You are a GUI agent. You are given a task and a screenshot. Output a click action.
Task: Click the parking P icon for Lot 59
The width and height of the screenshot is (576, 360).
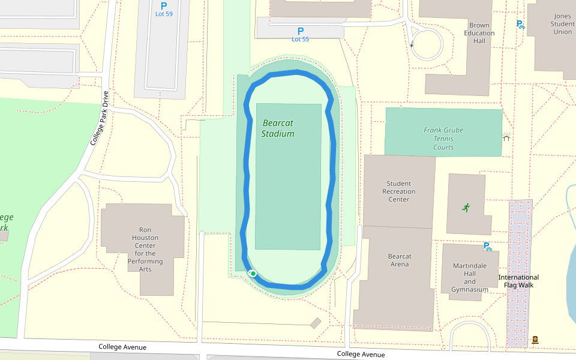[164, 5]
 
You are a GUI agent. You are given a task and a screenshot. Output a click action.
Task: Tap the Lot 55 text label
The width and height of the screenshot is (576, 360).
[300, 39]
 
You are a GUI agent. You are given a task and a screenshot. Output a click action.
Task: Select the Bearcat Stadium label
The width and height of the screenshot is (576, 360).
[278, 128]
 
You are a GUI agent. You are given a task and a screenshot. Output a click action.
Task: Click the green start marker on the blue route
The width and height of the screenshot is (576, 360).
[253, 274]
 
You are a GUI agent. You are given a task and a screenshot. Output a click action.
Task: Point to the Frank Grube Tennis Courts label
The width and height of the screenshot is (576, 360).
[443, 139]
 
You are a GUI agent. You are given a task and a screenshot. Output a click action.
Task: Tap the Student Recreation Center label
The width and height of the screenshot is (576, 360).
[399, 191]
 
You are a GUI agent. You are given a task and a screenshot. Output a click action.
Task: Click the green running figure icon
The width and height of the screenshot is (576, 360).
[466, 208]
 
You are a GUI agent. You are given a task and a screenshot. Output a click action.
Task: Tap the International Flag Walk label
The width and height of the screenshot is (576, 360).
[518, 281]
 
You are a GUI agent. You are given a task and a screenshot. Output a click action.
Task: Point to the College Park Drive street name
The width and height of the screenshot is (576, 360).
[99, 118]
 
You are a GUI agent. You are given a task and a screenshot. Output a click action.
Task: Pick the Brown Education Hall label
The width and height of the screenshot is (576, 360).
[479, 33]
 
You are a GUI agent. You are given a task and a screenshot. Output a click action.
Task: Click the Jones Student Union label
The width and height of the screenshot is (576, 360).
[562, 23]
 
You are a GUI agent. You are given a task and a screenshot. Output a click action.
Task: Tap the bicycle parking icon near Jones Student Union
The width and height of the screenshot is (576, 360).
[520, 25]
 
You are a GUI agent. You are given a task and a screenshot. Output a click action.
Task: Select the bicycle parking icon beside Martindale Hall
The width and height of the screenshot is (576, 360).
[487, 246]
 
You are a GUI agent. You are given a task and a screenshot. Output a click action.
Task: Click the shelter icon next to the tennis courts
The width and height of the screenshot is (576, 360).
[506, 137]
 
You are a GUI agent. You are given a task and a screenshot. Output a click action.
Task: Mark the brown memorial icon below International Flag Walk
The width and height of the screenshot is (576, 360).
[535, 340]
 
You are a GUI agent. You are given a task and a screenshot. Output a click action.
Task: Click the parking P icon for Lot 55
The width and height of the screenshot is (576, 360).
[301, 31]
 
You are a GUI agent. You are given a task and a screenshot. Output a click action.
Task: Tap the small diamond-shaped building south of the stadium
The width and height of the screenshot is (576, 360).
[316, 323]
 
